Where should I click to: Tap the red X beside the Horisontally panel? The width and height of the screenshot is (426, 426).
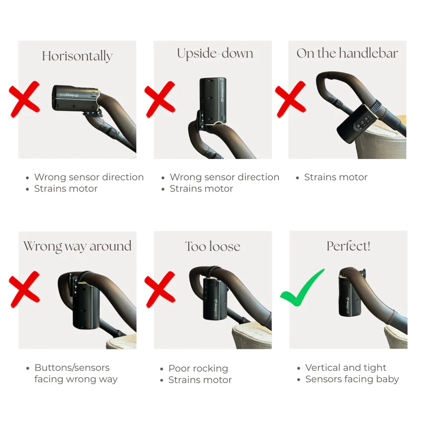pos(24,99)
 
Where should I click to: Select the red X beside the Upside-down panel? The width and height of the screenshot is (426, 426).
pos(160,99)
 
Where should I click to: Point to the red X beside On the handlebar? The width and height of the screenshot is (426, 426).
pos(291,99)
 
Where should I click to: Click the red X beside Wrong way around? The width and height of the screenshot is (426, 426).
pos(24,289)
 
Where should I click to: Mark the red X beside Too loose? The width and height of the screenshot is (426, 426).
pos(160,289)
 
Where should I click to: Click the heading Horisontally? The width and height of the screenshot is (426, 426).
pos(77,56)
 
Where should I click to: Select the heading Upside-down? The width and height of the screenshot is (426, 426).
pos(215,54)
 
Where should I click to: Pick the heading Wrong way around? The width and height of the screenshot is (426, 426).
pos(78,246)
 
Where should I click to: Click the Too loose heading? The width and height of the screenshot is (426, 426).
pos(213,246)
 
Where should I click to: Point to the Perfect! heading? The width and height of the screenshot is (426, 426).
pos(348,246)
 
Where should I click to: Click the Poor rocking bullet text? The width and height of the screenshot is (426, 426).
pos(198,368)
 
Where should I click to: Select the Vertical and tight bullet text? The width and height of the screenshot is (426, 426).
pos(345,368)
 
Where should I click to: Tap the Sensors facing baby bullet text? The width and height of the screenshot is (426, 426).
pos(352,379)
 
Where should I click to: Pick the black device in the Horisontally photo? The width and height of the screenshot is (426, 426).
pos(75,98)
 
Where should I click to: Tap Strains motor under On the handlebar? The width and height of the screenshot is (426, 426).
pos(336,177)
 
